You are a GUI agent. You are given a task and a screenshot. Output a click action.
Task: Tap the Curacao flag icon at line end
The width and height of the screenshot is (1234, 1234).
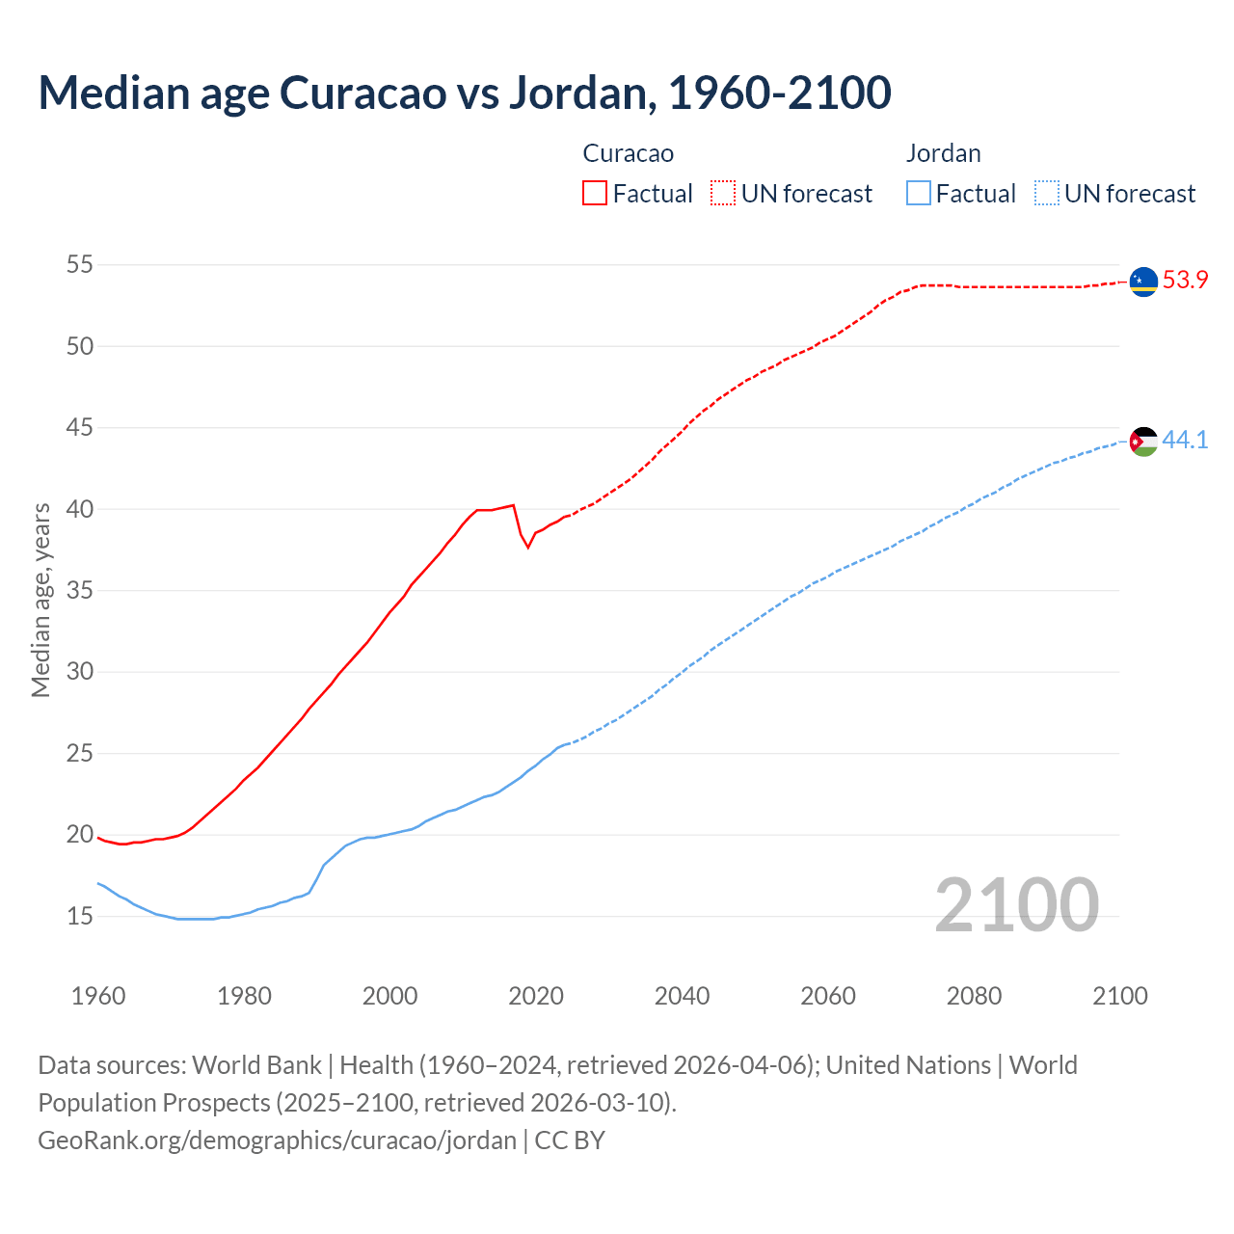coord(1143,282)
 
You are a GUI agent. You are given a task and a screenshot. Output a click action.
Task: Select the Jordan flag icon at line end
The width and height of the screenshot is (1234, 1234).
coord(1143,442)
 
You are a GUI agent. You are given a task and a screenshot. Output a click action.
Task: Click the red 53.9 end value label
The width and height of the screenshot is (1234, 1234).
coord(1185,281)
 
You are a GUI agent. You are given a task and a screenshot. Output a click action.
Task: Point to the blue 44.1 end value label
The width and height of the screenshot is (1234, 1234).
coord(1185,441)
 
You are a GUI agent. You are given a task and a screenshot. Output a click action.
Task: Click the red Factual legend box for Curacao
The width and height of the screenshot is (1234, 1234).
coord(595,194)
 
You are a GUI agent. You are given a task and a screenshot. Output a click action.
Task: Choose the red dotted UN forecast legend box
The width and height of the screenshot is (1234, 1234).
coord(723,194)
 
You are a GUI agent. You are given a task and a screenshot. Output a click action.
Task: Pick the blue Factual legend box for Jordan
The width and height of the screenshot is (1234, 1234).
coord(919,194)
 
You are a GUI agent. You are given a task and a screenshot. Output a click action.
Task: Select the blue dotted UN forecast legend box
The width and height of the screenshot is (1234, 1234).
coord(1047,194)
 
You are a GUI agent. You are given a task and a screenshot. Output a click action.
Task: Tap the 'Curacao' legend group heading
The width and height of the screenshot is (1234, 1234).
coord(628,153)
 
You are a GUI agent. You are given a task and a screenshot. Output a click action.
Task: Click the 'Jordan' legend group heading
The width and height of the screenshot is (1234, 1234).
coord(943,153)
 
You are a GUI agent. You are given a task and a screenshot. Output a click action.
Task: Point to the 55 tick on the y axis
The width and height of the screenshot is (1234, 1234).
coord(79,265)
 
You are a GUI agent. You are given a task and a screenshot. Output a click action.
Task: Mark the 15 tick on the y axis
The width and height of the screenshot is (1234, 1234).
coord(79,916)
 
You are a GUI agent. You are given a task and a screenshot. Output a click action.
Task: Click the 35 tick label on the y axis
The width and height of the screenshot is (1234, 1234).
coord(79,590)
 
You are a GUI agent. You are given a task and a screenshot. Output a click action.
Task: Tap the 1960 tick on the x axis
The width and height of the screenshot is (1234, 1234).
coord(98,996)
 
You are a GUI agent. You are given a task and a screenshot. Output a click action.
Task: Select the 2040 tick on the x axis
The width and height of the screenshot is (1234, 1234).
coord(682,996)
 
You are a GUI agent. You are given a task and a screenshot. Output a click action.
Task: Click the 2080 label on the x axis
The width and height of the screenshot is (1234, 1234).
coord(974,996)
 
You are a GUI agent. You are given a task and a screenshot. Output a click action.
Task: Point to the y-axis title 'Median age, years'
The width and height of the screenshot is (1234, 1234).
coord(40,600)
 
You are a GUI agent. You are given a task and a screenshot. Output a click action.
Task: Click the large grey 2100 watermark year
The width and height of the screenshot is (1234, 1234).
coord(1016,904)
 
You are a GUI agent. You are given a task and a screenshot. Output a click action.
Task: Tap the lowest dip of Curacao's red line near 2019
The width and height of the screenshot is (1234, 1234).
coord(528,548)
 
